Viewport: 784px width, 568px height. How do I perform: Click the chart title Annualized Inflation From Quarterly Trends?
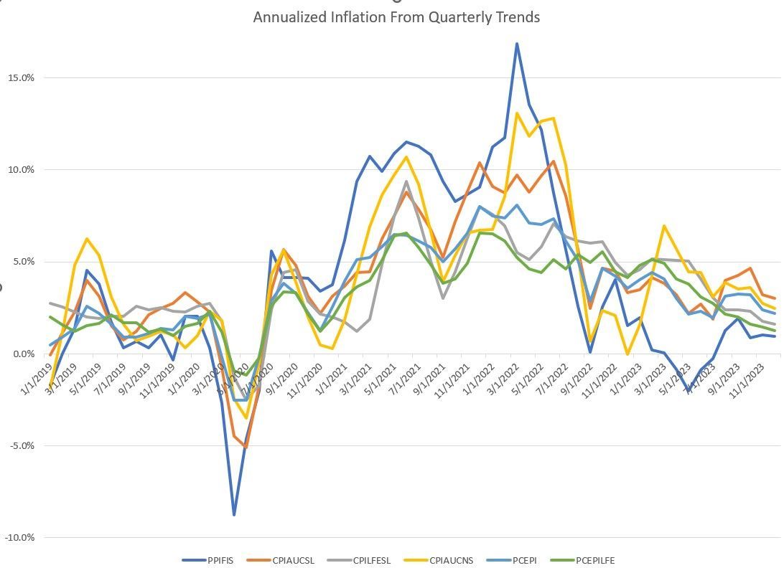point(396,16)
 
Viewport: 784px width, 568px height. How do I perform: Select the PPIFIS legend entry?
point(216,560)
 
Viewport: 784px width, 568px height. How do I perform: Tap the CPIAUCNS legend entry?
point(450,560)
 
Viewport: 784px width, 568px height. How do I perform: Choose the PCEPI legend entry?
point(523,560)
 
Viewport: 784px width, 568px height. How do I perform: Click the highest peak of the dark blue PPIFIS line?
point(516,44)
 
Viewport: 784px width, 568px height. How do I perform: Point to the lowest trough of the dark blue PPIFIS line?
point(234,514)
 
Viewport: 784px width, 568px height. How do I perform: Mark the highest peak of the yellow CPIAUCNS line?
point(517,113)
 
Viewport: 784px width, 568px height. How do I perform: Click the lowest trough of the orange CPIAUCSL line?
point(246,447)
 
